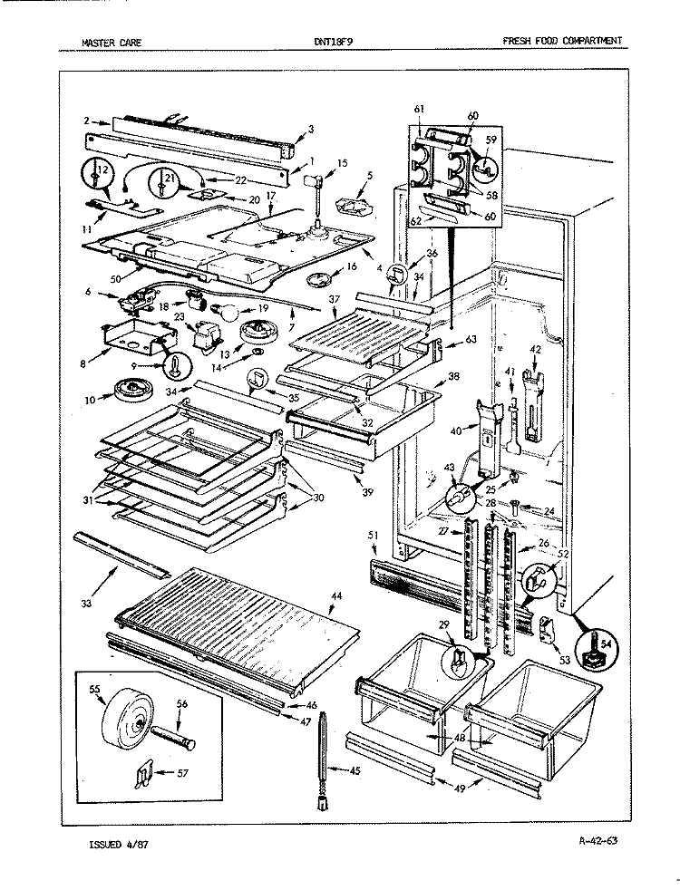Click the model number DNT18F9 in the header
[x=333, y=41]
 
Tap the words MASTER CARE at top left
[x=112, y=42]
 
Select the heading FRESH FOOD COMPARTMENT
[x=561, y=40]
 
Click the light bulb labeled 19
[x=222, y=311]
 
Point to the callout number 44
[x=336, y=595]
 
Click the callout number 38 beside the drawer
[x=453, y=376]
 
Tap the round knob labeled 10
[x=131, y=392]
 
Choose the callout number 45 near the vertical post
[x=354, y=770]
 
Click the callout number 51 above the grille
[x=373, y=535]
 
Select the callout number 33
[x=86, y=604]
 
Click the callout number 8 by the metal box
[x=83, y=364]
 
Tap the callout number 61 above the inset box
[x=420, y=109]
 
